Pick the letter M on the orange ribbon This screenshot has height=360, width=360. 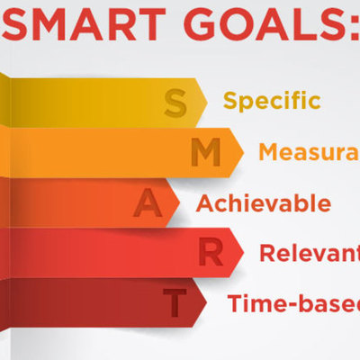[x=207, y=153]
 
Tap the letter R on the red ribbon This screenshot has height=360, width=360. [x=211, y=253]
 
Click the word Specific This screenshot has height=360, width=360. [x=272, y=100]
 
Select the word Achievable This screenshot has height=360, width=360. [x=263, y=202]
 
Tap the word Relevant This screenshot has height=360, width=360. [x=308, y=253]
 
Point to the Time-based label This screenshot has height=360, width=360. [x=292, y=302]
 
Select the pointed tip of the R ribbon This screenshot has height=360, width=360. [x=245, y=252]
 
